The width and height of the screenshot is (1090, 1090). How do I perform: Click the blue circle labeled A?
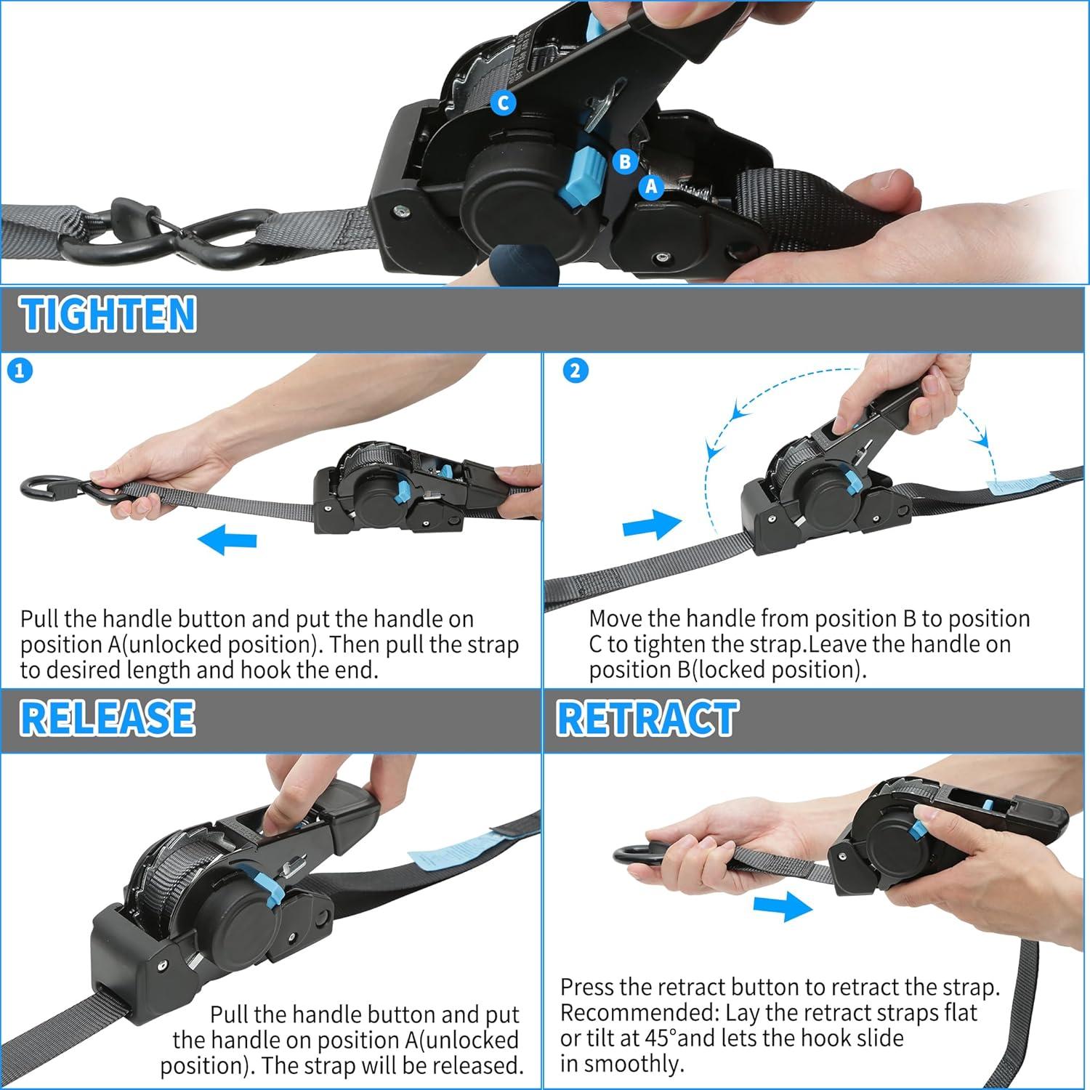point(651,187)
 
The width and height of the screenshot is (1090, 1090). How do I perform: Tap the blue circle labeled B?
point(625,161)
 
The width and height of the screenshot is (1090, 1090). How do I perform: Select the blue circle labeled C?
point(503,102)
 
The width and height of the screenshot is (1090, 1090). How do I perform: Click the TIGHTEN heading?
point(109,314)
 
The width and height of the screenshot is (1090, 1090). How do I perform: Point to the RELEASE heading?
point(108,717)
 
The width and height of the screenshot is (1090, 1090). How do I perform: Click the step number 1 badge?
point(20,371)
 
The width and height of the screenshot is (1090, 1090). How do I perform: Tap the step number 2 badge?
point(576,371)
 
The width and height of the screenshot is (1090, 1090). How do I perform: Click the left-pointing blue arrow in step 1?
point(227,540)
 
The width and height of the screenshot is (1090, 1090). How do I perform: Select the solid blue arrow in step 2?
point(652,524)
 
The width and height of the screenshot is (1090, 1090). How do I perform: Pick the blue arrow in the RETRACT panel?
point(783,906)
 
